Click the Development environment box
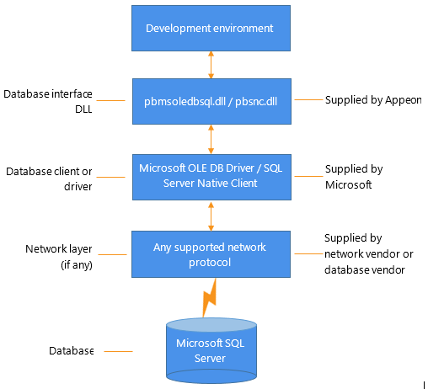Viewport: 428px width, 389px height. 211,28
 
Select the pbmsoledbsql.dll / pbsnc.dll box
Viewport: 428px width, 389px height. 211,101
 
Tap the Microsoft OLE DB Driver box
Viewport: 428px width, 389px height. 211,177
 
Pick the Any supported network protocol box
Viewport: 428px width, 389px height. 211,254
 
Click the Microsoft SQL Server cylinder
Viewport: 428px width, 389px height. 211,351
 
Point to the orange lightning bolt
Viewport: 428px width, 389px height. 210,298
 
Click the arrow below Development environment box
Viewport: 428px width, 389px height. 211,65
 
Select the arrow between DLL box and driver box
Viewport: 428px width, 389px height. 211,140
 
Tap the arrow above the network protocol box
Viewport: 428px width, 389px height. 211,216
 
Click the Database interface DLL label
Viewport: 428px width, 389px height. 48,101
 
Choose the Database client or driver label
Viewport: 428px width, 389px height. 49,179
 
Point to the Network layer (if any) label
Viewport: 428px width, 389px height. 59,257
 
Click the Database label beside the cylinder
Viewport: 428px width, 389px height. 72,351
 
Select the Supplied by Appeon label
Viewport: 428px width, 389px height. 373,100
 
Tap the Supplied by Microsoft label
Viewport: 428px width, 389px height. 354,177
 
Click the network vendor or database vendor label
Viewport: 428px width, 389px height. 368,262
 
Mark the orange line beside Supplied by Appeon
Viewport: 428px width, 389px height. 308,99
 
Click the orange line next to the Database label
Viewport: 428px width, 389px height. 118,351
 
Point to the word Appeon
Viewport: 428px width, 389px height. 404,100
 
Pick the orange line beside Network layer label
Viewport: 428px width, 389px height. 112,254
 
